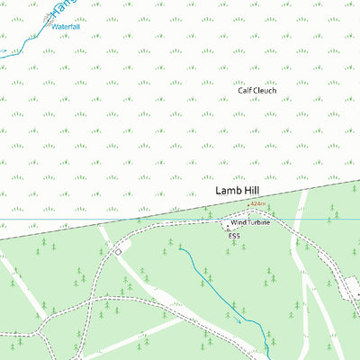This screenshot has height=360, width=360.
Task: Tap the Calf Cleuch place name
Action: [256, 90]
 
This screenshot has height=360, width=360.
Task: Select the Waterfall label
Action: [66, 27]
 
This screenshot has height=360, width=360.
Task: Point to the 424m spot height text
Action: [257, 204]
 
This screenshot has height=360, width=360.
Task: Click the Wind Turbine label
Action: [250, 221]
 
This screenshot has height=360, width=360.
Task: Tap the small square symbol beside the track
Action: [117, 252]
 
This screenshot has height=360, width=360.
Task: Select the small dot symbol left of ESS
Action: [227, 230]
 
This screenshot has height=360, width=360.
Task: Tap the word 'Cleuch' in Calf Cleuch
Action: [265, 90]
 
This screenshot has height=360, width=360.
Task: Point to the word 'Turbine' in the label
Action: [258, 221]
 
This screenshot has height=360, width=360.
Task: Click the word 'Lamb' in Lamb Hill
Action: [229, 192]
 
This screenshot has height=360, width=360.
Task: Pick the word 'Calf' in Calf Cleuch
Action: [244, 90]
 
